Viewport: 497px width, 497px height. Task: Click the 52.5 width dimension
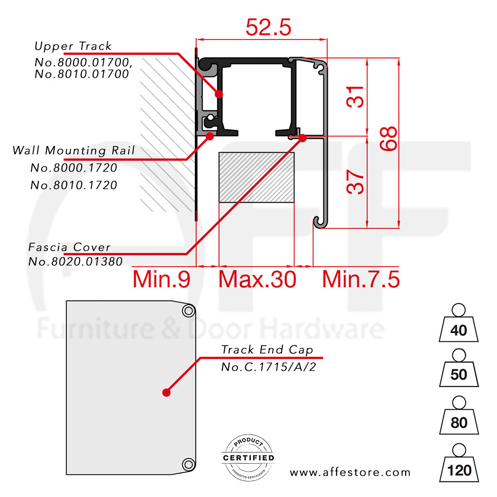pos(268,27)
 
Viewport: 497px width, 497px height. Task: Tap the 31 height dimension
pos(355,97)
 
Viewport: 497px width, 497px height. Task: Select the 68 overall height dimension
pos(388,138)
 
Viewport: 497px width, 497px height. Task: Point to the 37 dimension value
pos(355,182)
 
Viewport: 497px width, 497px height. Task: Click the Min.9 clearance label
pos(161,279)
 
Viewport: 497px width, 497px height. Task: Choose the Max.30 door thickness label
pos(257,279)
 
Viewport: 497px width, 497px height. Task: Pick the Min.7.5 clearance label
pos(361,279)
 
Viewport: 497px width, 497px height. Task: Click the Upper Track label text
pos(73,46)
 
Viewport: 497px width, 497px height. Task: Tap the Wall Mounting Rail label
pos(73,150)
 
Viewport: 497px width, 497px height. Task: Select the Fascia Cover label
pos(70,247)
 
